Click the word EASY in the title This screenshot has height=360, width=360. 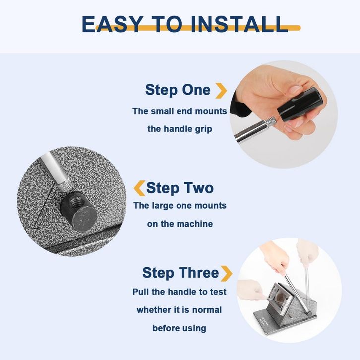pyautogui.click(x=112, y=24)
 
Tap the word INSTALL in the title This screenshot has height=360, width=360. pyautogui.click(x=239, y=24)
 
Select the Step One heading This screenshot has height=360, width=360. pyautogui.click(x=178, y=90)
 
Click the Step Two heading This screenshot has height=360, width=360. pyautogui.click(x=180, y=188)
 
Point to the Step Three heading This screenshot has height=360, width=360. pyautogui.click(x=180, y=273)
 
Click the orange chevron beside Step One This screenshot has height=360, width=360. pyautogui.click(x=221, y=91)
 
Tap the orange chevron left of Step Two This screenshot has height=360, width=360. pyautogui.click(x=139, y=188)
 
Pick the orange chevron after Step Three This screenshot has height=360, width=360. pyautogui.click(x=227, y=273)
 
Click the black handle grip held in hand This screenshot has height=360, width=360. pyautogui.click(x=302, y=104)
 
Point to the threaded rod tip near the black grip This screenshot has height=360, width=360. pyautogui.click(x=271, y=121)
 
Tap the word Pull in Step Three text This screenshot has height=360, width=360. pyautogui.click(x=141, y=292)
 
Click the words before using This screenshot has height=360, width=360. pyautogui.click(x=180, y=328)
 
